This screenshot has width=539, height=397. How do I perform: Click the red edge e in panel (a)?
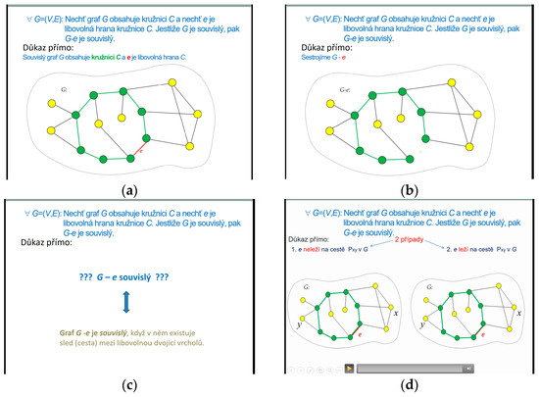click(x=137, y=154)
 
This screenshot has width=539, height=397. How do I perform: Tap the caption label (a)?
click(x=132, y=190)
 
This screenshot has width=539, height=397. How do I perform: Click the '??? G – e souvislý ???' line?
click(x=135, y=280)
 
